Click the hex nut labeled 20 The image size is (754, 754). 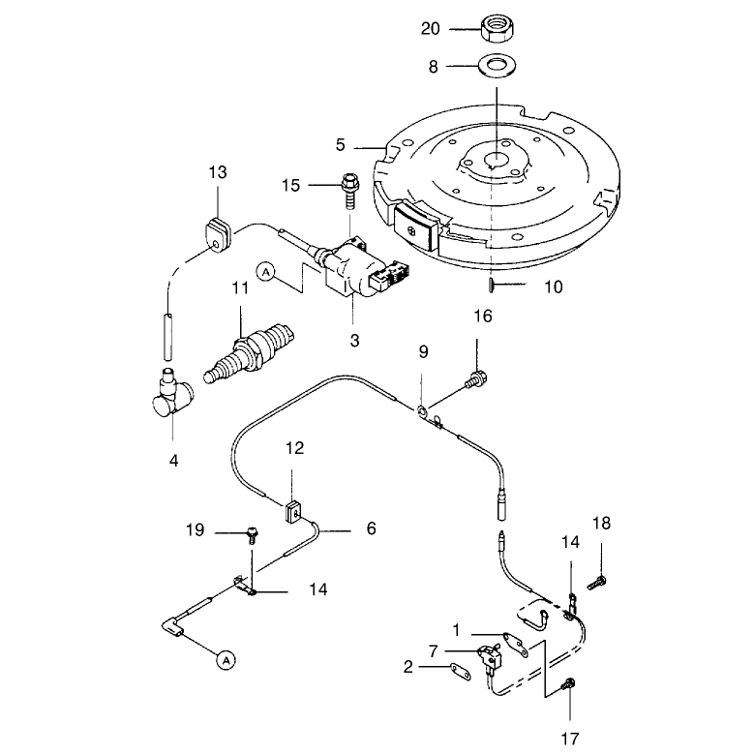[x=497, y=28]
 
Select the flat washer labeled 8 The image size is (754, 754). [x=498, y=66]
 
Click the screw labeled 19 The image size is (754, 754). [x=252, y=534]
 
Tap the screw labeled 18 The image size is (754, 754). [x=597, y=584]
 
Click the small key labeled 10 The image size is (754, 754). [x=491, y=286]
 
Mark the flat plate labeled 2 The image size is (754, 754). [x=461, y=672]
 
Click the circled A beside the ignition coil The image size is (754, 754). [x=266, y=272]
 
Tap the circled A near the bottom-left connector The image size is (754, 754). [x=226, y=660]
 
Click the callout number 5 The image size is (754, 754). [x=341, y=145]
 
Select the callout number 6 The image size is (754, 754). [x=372, y=528]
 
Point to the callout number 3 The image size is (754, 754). [x=354, y=341]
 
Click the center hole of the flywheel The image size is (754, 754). [x=496, y=159]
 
